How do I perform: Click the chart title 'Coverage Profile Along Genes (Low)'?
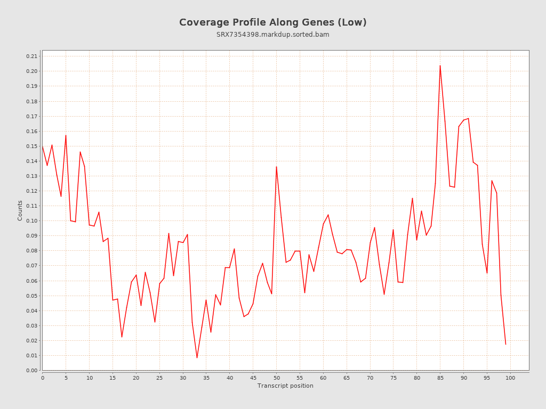(x=272, y=22)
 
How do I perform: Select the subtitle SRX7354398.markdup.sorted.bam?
(x=272, y=35)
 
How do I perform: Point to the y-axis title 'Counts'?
(x=20, y=210)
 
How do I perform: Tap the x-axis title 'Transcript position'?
(x=285, y=386)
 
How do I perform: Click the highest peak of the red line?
(x=440, y=66)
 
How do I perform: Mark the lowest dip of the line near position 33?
(x=197, y=357)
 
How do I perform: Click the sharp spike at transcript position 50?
(x=276, y=167)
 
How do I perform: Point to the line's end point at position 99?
(x=505, y=344)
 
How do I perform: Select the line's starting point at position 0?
(x=43, y=146)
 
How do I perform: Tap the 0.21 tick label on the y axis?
(x=31, y=56)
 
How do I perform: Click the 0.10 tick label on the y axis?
(x=31, y=221)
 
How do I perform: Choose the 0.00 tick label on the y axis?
(x=31, y=371)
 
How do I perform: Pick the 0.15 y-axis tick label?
(x=31, y=146)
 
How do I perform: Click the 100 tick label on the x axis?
(x=510, y=378)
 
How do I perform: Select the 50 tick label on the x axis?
(x=276, y=378)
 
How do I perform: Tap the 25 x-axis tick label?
(x=159, y=378)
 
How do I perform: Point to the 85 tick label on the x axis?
(x=440, y=378)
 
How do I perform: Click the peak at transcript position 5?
(x=66, y=135)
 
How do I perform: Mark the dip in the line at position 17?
(x=122, y=337)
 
